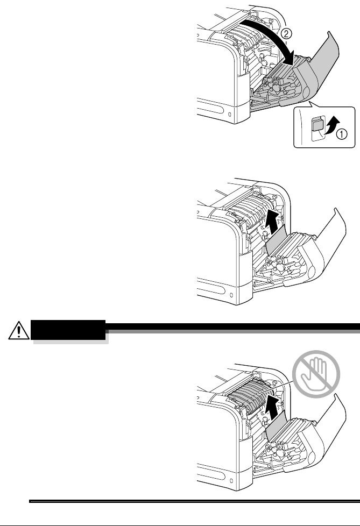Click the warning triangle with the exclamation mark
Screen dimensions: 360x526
(x=18, y=330)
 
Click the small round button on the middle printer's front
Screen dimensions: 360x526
(x=231, y=295)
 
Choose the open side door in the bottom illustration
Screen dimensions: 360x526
(x=326, y=436)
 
